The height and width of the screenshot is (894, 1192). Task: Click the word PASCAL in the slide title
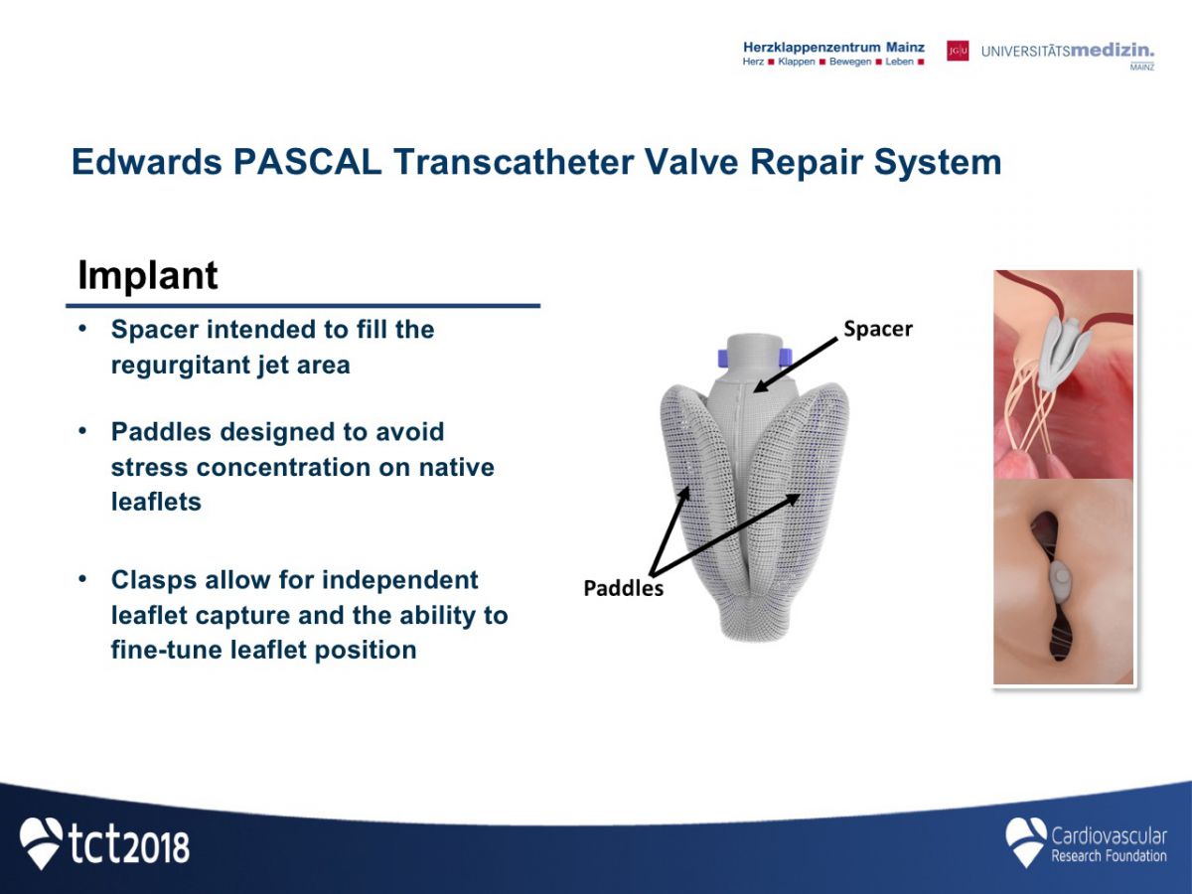[x=307, y=162]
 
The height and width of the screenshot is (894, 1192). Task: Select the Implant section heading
[x=148, y=276]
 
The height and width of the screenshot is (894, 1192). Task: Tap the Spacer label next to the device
[x=877, y=329]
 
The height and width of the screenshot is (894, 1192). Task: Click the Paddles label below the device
[x=624, y=588]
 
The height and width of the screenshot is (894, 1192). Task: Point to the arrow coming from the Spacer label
[x=796, y=365]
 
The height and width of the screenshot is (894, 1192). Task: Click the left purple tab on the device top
[x=723, y=359]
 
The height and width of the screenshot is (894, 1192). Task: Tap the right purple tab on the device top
[x=786, y=358]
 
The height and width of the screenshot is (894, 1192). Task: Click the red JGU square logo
[x=958, y=51]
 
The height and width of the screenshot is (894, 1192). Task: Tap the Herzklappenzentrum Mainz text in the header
[x=833, y=48]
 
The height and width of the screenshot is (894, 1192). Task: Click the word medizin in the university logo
[x=1113, y=51]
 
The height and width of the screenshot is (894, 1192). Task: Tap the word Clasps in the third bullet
[x=154, y=581]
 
